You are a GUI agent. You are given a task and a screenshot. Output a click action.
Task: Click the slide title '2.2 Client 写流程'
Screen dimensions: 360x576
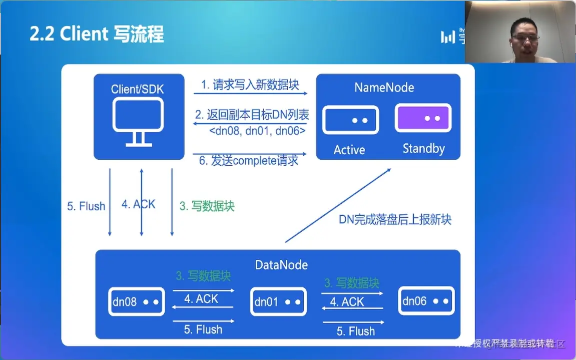[x=97, y=35]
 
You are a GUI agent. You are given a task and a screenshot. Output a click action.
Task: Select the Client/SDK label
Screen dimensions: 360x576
[x=137, y=90]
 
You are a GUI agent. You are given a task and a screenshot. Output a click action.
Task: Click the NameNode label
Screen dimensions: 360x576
[x=384, y=88]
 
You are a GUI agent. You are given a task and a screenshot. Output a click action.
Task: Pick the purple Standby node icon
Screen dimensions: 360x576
[x=423, y=118]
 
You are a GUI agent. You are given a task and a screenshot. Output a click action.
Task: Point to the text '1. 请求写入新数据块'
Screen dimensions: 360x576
[x=250, y=85]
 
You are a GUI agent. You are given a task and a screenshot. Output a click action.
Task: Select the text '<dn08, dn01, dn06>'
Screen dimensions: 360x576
[x=257, y=131]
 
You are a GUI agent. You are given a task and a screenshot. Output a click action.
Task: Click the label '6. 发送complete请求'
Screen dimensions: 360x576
[x=249, y=161]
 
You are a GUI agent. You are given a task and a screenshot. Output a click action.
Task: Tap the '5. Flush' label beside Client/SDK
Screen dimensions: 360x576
[x=86, y=206]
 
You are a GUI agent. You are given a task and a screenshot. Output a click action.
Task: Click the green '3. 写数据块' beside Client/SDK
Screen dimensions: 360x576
[x=207, y=206]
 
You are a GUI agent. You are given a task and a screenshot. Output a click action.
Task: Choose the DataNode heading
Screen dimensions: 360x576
[x=281, y=265]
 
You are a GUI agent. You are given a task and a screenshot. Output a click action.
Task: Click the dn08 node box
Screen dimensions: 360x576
[x=136, y=302]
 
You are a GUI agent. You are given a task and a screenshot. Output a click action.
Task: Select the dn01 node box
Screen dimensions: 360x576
[x=278, y=302]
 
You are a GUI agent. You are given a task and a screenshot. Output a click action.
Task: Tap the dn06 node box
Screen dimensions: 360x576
[x=426, y=301]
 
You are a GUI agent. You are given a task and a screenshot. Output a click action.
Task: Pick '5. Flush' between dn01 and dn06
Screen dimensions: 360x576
[x=356, y=331]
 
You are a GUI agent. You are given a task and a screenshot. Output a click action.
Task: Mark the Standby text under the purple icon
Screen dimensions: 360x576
[x=424, y=149]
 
